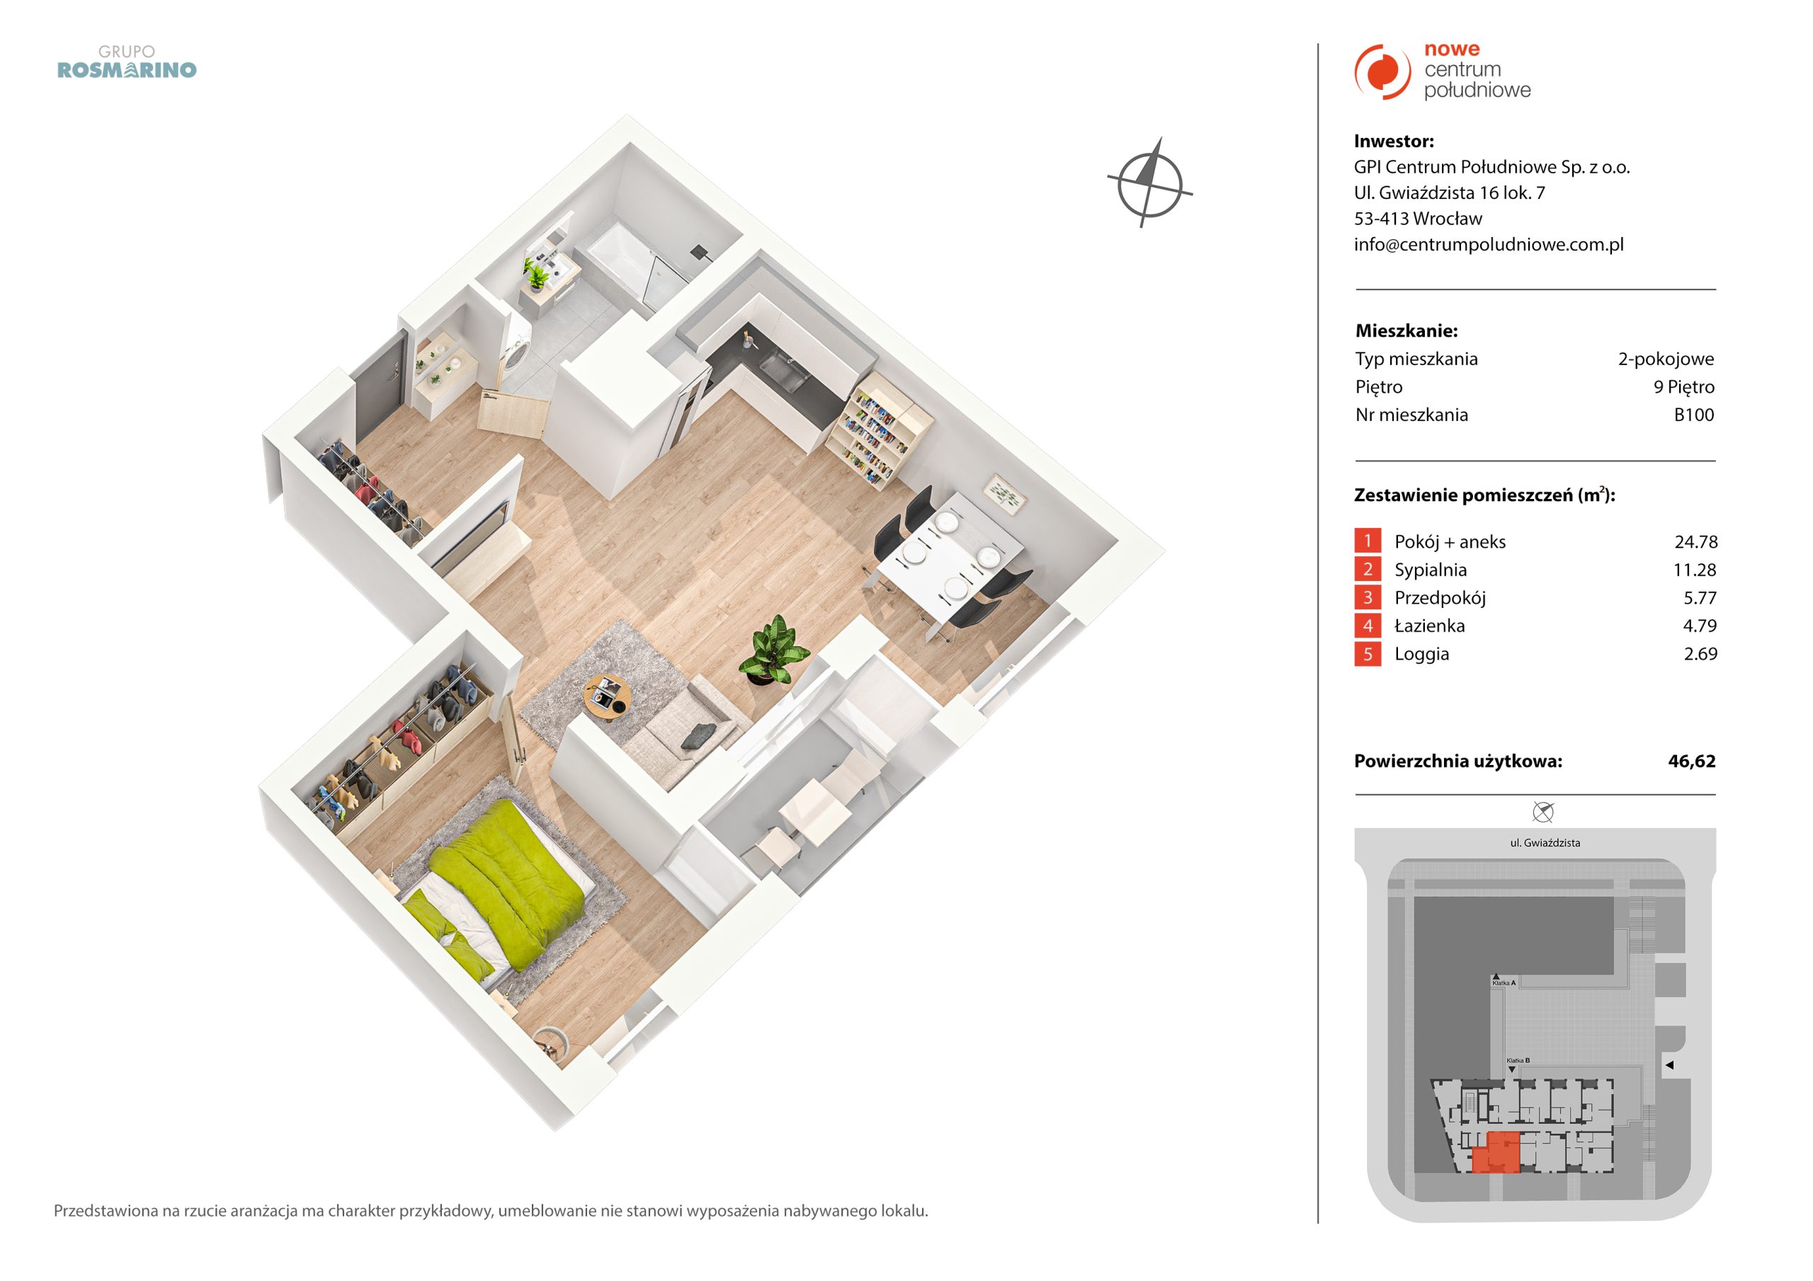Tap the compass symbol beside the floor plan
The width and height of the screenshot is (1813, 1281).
coord(1149,183)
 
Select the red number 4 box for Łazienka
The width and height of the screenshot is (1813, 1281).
coord(1368,626)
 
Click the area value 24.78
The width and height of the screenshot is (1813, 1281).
coord(1696,541)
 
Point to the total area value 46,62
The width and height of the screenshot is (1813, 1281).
coord(1692,761)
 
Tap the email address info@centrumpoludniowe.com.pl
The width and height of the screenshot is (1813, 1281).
coord(1489,245)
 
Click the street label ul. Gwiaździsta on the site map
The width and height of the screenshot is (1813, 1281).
coord(1545,843)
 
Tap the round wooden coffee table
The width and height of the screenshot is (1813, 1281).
coord(606,696)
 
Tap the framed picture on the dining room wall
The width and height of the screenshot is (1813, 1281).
coord(1004,494)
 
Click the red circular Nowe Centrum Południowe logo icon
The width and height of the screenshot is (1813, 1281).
coord(1382,71)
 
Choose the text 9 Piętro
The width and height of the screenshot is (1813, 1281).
coord(1684,386)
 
